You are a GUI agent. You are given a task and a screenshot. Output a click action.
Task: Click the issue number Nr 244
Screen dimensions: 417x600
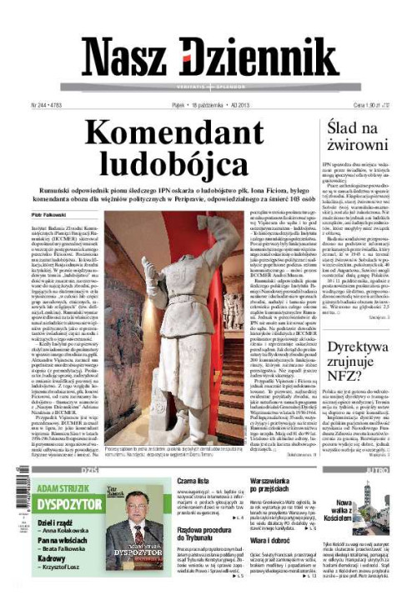coord(37,106)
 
